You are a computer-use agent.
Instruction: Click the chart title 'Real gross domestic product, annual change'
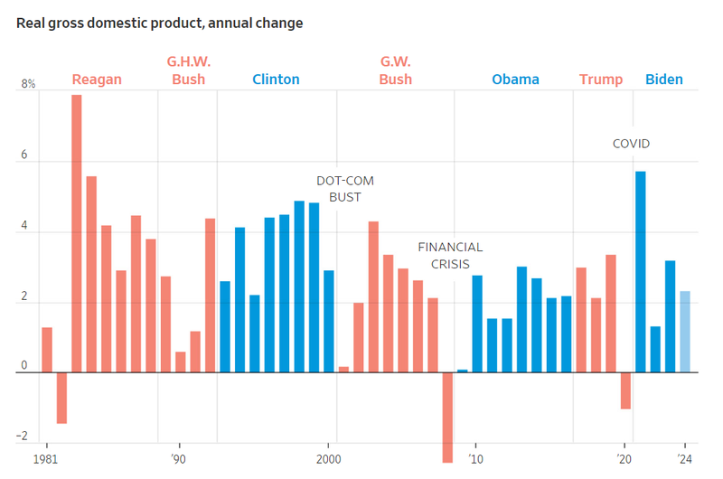tap(160, 23)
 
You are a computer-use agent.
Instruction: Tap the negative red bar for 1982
tap(61, 398)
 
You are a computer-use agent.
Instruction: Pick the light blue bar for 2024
tap(685, 332)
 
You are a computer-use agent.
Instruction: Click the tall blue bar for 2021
tap(640, 271)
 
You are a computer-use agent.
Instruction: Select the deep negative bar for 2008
tap(447, 416)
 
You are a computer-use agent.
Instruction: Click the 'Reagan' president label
tap(97, 80)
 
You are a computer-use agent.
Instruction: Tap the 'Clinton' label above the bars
tap(276, 80)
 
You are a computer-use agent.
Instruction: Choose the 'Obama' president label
tap(515, 80)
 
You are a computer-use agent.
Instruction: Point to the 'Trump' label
tap(601, 80)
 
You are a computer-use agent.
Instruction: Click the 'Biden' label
tap(664, 80)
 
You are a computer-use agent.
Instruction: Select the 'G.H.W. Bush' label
tap(187, 70)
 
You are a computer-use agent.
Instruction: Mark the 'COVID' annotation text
tap(631, 144)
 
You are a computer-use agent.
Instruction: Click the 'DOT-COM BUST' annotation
tap(344, 188)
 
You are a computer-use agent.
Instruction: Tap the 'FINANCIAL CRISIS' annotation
tap(450, 255)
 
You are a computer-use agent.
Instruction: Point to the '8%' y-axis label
tap(28, 85)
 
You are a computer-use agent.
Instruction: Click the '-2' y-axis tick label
tap(21, 438)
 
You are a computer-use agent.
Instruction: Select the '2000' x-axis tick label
tap(330, 458)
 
